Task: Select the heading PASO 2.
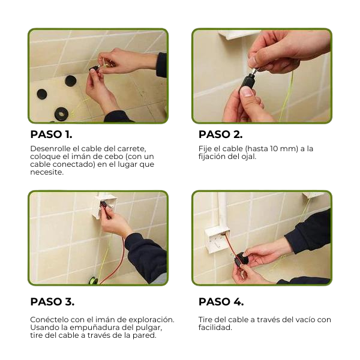tap(220, 134)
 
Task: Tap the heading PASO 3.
tap(52, 301)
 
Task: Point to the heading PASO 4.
tap(221, 301)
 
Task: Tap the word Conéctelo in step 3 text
tap(49, 319)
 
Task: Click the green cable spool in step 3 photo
tap(93, 279)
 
